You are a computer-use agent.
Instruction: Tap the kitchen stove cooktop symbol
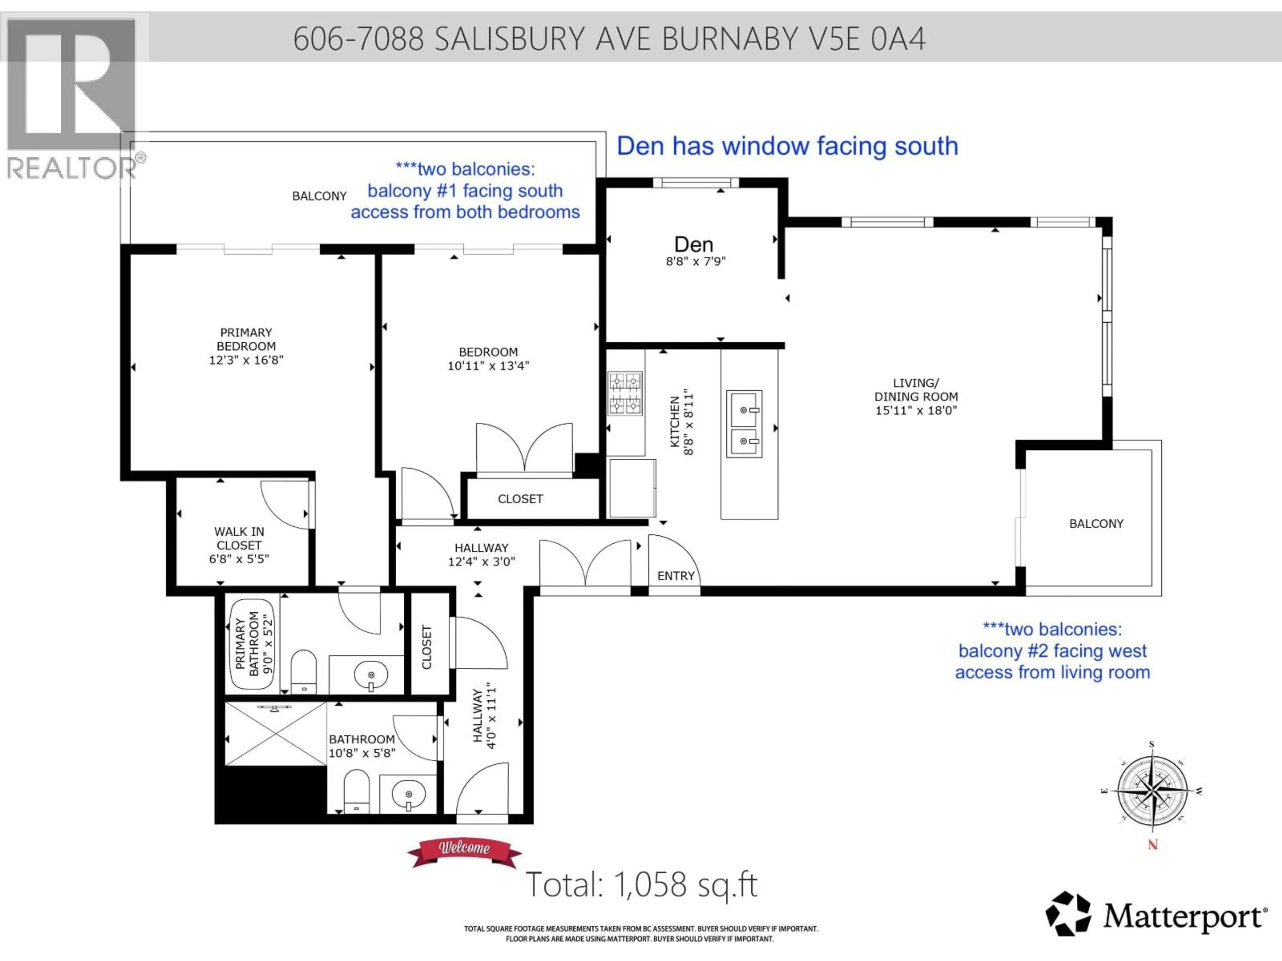(625, 393)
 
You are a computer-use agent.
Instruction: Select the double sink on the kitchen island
(744, 424)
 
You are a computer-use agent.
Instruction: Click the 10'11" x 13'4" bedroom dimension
(488, 365)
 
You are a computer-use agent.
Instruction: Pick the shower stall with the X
(275, 733)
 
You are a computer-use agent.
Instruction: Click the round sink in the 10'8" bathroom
(409, 793)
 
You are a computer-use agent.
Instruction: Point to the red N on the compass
(1153, 845)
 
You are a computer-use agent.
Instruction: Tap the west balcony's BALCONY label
(1096, 524)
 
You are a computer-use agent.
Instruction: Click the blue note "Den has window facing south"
(787, 146)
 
